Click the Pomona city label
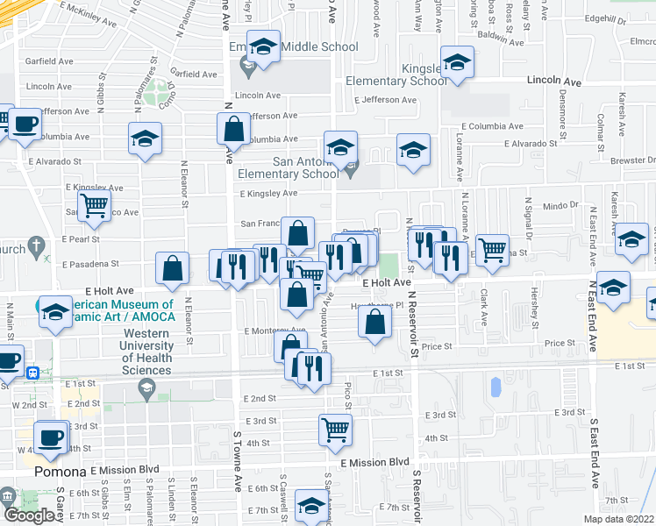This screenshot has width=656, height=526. click(x=60, y=471)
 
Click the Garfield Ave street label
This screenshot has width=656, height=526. click(x=49, y=61)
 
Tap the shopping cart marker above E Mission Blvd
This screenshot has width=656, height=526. click(x=335, y=429)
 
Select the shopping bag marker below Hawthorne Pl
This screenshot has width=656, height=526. click(x=374, y=323)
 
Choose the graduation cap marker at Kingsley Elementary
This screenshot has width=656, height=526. click(x=456, y=62)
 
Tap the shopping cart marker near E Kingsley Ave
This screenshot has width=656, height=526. click(x=94, y=206)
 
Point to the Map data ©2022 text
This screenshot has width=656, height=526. click(x=619, y=519)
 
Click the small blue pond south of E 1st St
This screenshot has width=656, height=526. click(x=495, y=385)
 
